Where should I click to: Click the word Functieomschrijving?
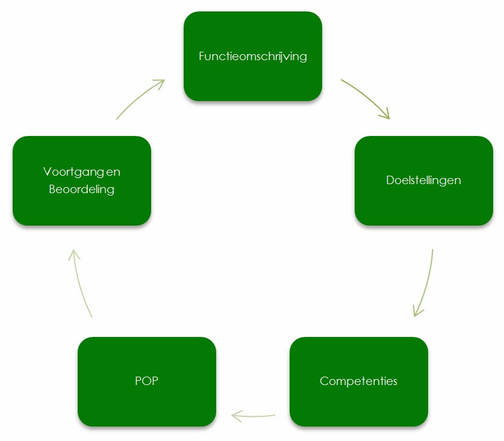tap(253, 57)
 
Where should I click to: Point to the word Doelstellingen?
tap(424, 180)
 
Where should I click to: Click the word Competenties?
tap(359, 381)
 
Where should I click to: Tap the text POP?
tap(147, 381)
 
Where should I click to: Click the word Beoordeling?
tap(82, 190)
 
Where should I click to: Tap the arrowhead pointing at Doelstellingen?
tap(385, 115)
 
